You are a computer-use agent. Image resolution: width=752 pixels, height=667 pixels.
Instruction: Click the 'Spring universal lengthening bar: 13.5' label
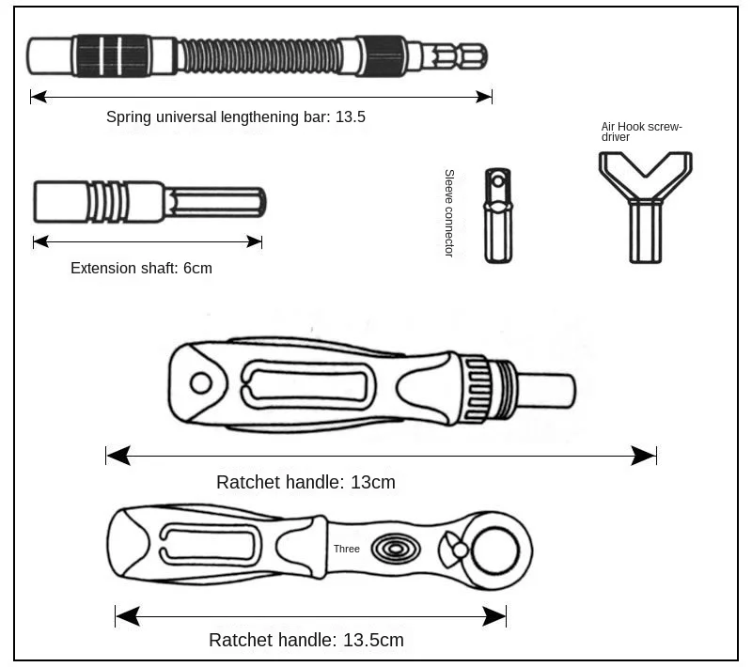coord(235,117)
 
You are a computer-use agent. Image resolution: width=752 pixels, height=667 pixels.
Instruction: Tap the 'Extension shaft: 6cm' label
coord(141,268)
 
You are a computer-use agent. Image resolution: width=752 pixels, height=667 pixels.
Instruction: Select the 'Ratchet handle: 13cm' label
coord(305,482)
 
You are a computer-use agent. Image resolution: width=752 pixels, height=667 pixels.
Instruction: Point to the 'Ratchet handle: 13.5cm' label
coord(305,641)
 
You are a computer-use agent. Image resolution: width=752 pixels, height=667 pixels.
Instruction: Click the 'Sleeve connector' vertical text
coord(449,213)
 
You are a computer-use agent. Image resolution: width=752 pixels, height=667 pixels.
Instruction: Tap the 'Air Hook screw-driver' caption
coord(641,131)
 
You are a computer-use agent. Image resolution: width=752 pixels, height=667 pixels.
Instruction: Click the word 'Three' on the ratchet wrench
coord(346,549)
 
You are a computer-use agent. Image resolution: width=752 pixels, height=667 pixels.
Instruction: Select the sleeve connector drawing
coord(497,216)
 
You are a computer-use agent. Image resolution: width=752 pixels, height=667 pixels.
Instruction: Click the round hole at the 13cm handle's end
coord(200,382)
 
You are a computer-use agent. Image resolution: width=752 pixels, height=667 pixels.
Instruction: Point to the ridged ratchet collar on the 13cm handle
coord(479,386)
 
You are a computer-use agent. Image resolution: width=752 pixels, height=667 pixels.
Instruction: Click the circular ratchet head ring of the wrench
coord(497,551)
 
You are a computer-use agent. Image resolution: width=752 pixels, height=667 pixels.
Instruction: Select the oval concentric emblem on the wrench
coord(395,549)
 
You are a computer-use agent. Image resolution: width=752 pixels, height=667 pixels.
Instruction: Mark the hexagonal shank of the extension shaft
coord(216,202)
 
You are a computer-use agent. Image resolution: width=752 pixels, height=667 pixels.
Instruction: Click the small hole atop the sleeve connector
coord(497,179)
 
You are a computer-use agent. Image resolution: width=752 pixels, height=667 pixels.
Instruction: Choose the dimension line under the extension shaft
coord(147,241)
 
